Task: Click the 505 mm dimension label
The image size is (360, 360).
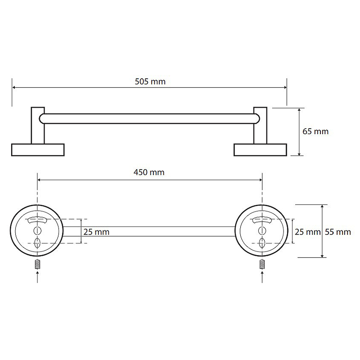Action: click(150, 81)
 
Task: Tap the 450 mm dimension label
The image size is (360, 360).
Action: click(149, 172)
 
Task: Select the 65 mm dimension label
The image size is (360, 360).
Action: click(315, 131)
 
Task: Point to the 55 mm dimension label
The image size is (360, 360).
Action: click(338, 232)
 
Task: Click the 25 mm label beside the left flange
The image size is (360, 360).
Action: click(96, 232)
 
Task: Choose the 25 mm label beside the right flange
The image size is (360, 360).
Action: click(308, 232)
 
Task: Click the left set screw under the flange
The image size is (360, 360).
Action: click(37, 264)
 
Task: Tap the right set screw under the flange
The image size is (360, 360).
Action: click(262, 264)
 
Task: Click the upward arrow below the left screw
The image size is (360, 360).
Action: click(37, 277)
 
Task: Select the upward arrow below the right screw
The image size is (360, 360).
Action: click(262, 277)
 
